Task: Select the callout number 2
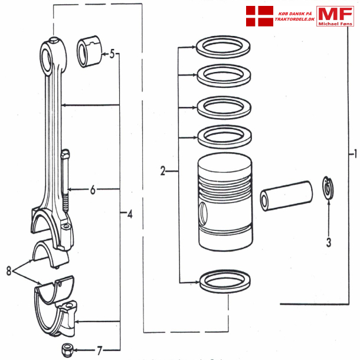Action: pyautogui.click(x=163, y=171)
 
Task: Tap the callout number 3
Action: pyautogui.click(x=328, y=241)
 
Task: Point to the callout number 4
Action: pyautogui.click(x=129, y=214)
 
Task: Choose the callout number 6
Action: pyautogui.click(x=93, y=190)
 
